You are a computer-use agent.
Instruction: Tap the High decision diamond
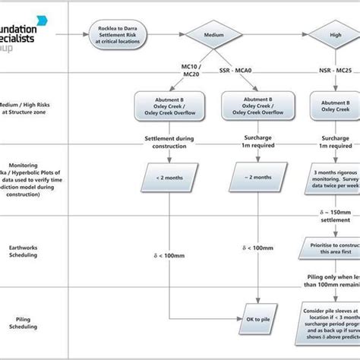pyautogui.click(x=335, y=34)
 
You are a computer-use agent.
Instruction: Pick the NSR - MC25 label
pyautogui.click(x=334, y=70)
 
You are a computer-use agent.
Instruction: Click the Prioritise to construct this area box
pyautogui.click(x=334, y=248)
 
